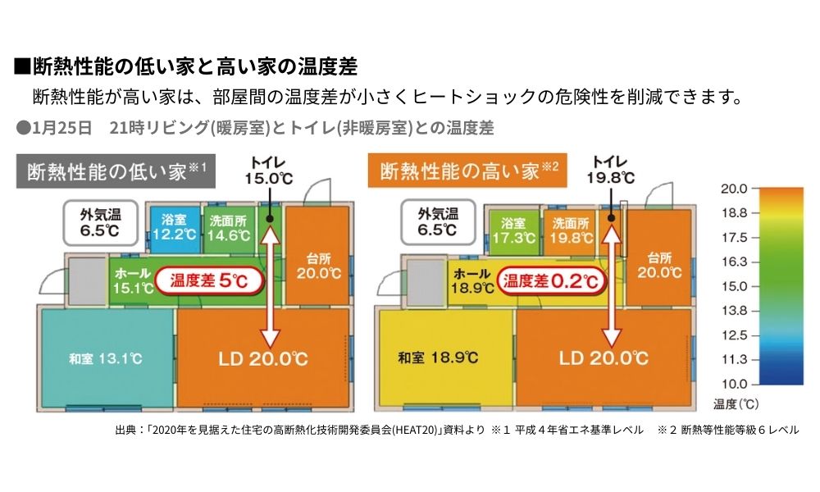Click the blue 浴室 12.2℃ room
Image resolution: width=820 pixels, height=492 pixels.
pyautogui.click(x=173, y=227)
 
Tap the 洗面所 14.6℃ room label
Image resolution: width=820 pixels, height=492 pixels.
pyautogui.click(x=228, y=227)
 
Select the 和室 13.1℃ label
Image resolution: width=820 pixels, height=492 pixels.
pyautogui.click(x=106, y=358)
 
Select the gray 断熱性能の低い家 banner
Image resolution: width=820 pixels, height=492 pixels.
pyautogui.click(x=116, y=171)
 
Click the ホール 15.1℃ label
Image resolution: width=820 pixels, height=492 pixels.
pyautogui.click(x=133, y=280)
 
